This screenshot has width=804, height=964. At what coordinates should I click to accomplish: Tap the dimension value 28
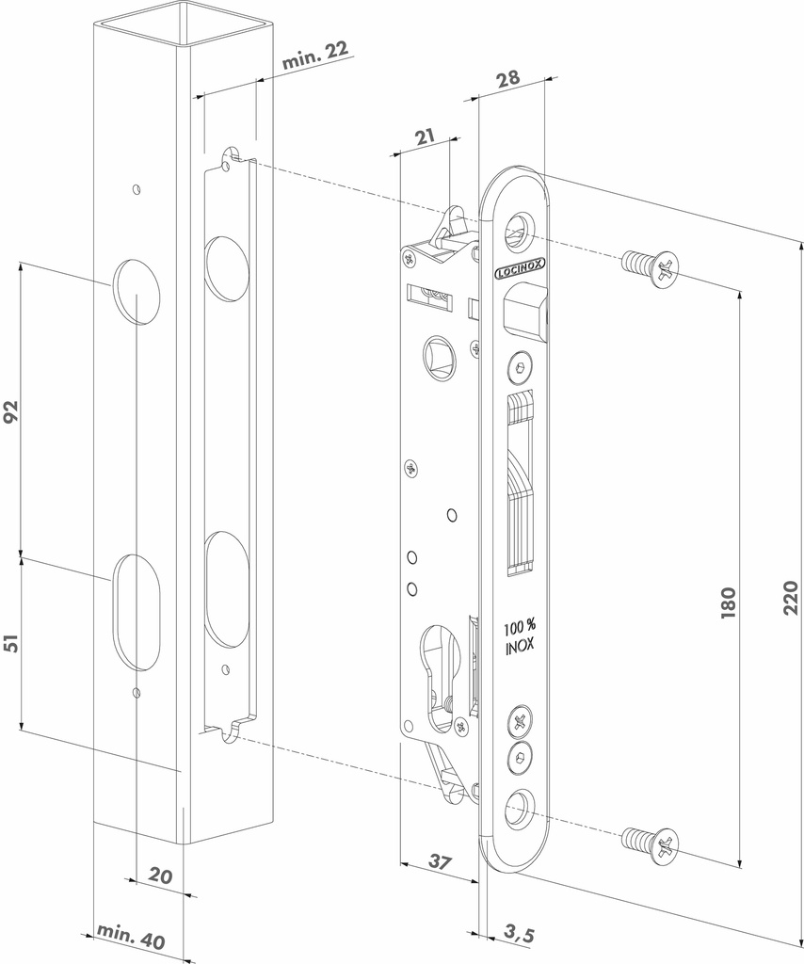(x=508, y=79)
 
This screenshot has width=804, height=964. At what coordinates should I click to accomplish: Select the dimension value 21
(x=425, y=137)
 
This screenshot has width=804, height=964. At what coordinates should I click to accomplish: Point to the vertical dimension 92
(x=12, y=412)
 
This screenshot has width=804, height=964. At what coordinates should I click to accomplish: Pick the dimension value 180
(x=728, y=602)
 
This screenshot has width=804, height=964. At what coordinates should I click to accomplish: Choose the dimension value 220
(x=790, y=598)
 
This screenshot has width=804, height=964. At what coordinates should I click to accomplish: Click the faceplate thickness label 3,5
(x=519, y=934)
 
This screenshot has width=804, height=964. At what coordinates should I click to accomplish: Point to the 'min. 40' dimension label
(x=131, y=938)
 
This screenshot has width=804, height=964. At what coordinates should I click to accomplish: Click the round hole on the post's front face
(x=137, y=292)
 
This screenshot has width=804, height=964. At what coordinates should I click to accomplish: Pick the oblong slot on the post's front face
(x=137, y=612)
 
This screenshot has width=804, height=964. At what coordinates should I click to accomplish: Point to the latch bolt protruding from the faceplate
(x=526, y=313)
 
